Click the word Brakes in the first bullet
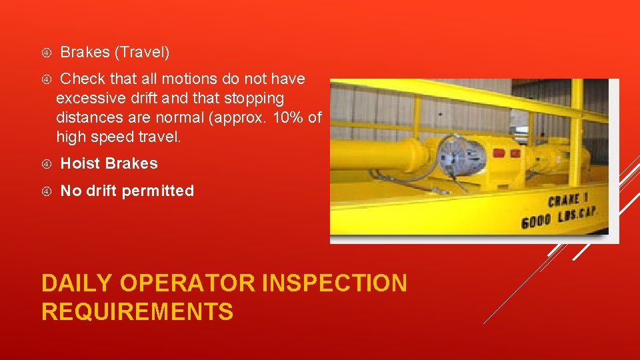tap(85, 51)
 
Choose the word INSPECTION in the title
tap(335, 283)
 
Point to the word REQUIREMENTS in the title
tap(137, 312)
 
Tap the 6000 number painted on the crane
tap(535, 221)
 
